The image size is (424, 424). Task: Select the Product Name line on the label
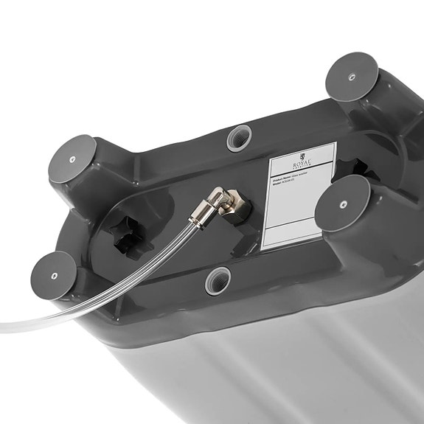290,176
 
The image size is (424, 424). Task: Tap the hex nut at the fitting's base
237,206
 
